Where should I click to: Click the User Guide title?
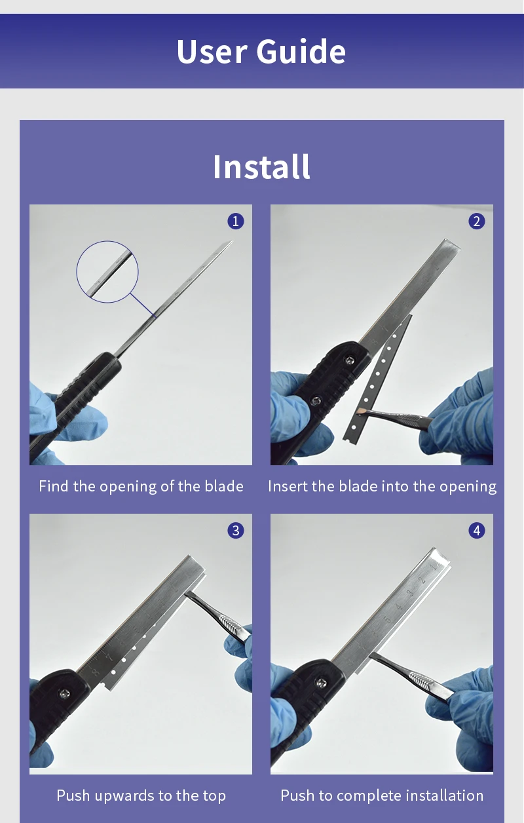[261, 51]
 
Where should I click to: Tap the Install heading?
[261, 167]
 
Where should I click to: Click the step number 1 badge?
[236, 221]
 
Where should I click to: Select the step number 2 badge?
[477, 221]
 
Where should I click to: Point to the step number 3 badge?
[236, 531]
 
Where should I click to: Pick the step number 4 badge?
[477, 531]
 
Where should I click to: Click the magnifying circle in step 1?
[107, 241]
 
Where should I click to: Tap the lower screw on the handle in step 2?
[316, 401]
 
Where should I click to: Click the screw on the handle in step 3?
[65, 694]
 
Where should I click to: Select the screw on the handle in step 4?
[322, 683]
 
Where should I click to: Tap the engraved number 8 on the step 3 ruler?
[95, 672]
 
